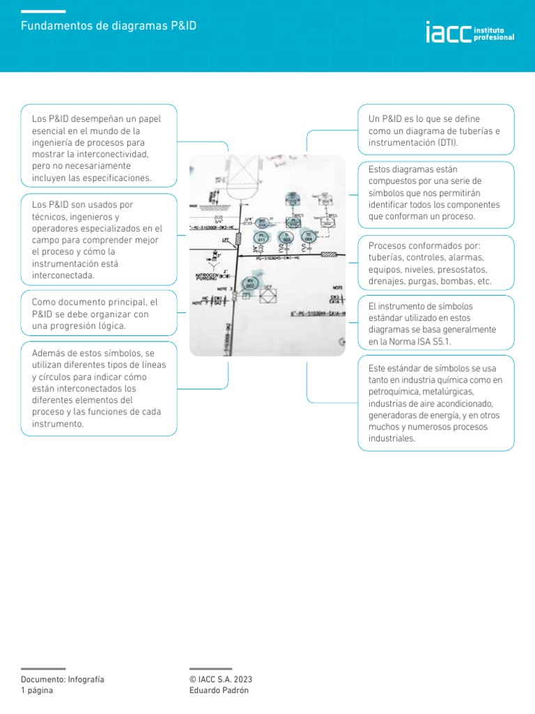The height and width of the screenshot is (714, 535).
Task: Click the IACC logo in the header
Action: pos(470,33)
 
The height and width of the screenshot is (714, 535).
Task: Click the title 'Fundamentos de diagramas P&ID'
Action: pos(109,26)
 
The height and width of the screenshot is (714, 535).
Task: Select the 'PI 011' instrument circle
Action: pos(262,238)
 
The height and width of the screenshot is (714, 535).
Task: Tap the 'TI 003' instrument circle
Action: pos(286,238)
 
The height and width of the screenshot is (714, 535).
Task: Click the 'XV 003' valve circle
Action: pos(251,282)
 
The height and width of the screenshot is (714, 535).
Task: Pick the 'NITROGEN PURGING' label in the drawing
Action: pos(207,277)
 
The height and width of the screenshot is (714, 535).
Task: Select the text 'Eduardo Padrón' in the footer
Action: pos(219,690)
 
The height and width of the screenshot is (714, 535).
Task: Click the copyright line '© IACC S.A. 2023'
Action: pos(221,679)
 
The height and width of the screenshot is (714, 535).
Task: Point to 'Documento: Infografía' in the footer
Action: pos(63,679)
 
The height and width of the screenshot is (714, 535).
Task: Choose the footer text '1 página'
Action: pos(37,690)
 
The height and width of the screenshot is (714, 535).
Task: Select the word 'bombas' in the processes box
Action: pos(456,282)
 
